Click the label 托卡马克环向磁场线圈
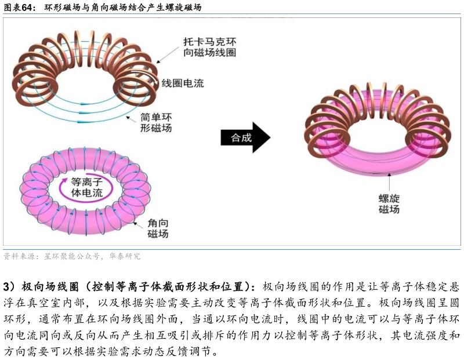coord(209,48)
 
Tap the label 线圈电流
coord(183,83)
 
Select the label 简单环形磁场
coord(156,122)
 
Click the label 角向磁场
coord(158,228)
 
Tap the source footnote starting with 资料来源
coord(72,256)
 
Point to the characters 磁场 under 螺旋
coord(389,210)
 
